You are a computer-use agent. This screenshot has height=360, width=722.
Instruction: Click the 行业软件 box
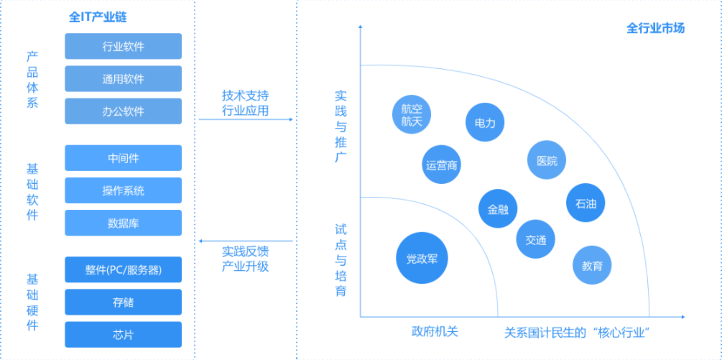click(123, 46)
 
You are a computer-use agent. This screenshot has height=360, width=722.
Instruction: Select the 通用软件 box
click(123, 79)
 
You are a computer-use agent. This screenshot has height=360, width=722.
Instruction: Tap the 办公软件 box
click(123, 111)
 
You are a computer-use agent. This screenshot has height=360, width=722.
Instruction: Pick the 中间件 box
click(123, 158)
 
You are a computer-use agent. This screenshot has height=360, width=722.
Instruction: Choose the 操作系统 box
click(123, 190)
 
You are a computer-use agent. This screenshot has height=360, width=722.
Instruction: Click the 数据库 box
click(123, 223)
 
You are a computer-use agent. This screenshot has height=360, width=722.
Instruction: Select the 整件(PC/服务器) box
click(123, 269)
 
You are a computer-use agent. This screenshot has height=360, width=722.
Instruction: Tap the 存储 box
click(123, 302)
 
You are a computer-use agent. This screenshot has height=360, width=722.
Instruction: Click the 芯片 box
click(123, 334)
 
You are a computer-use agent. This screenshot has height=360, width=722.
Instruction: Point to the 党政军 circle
click(422, 258)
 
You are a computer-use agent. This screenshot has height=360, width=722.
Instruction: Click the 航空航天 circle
click(411, 114)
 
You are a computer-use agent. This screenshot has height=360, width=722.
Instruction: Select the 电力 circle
click(485, 122)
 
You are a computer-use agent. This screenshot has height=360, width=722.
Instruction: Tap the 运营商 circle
click(442, 165)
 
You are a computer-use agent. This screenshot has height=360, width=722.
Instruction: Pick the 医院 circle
click(547, 160)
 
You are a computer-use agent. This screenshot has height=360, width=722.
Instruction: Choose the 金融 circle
click(498, 208)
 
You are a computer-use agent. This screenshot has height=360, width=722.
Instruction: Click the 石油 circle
click(586, 203)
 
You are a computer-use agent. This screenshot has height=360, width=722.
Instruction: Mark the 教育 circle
click(592, 265)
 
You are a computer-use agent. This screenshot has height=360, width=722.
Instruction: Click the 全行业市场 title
click(655, 29)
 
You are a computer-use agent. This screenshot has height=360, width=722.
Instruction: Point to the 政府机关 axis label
click(435, 332)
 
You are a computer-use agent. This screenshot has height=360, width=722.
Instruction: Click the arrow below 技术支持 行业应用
click(246, 119)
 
